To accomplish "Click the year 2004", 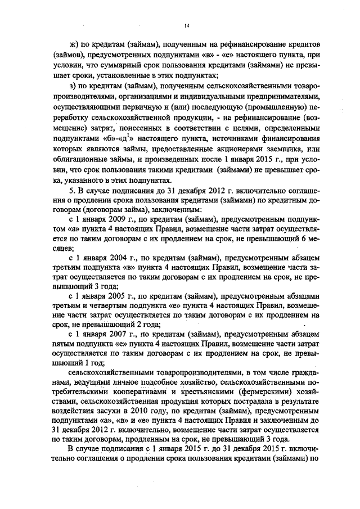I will (x=118, y=255).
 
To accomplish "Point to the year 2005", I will (x=118, y=297).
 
